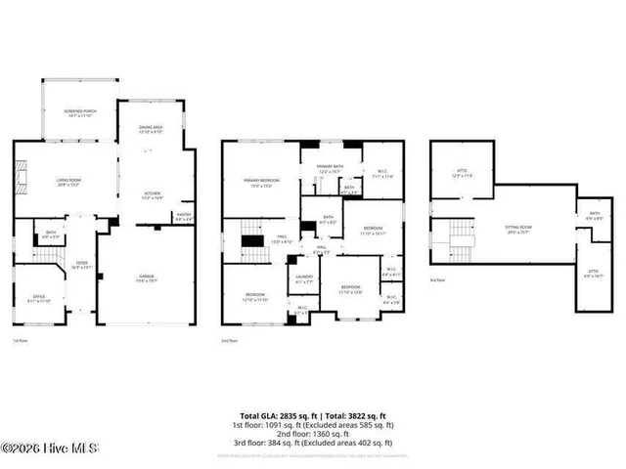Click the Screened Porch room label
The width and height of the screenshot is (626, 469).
point(80,113)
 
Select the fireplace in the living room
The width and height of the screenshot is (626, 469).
point(24,181)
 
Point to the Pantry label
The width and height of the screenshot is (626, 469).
point(183,216)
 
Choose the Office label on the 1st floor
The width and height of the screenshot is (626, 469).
point(39,299)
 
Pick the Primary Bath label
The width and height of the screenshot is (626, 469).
point(329,169)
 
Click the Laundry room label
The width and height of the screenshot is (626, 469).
point(304,280)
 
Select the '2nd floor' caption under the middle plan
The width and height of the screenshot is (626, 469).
point(231,340)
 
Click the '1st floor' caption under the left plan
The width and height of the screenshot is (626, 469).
point(20,340)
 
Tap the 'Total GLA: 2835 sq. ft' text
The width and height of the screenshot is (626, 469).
point(279,415)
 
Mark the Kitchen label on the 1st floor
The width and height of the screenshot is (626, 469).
point(153,195)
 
